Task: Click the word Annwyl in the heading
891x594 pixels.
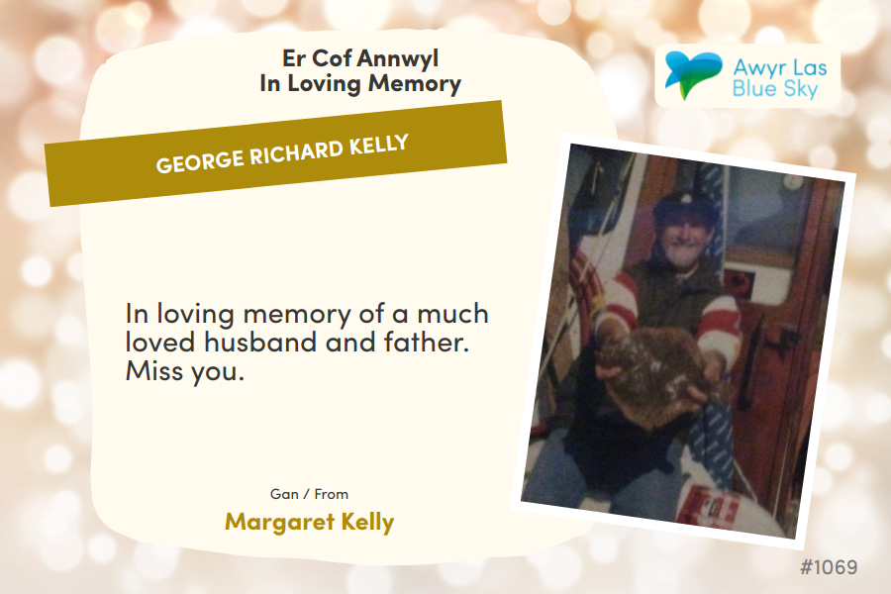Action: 398,59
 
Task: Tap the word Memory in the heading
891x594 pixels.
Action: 414,84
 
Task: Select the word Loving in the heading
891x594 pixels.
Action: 324,84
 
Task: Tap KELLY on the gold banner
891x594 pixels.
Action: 379,145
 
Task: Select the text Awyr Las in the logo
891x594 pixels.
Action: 780,67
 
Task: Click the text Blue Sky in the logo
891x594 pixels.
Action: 775,89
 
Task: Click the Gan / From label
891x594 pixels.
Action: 309,494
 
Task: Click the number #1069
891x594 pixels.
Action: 829,566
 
